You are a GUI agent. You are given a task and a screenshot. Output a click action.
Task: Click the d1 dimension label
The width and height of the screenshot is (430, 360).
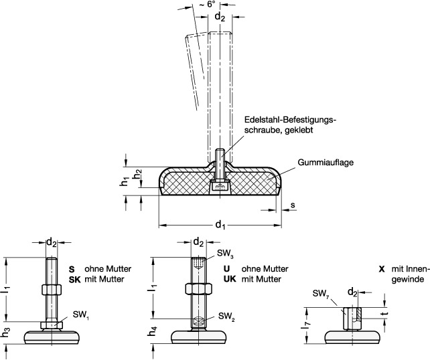(x=219, y=226)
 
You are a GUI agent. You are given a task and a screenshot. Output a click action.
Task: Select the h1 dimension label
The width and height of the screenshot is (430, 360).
(x=125, y=181)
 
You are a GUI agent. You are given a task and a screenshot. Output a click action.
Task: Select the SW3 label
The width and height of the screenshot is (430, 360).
(x=225, y=255)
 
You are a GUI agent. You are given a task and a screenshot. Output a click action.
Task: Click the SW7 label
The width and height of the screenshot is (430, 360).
(x=321, y=293)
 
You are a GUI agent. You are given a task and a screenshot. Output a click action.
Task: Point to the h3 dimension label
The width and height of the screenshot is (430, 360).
(x=7, y=331)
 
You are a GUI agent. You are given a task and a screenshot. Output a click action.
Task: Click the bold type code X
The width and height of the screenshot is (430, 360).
(x=381, y=268)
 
